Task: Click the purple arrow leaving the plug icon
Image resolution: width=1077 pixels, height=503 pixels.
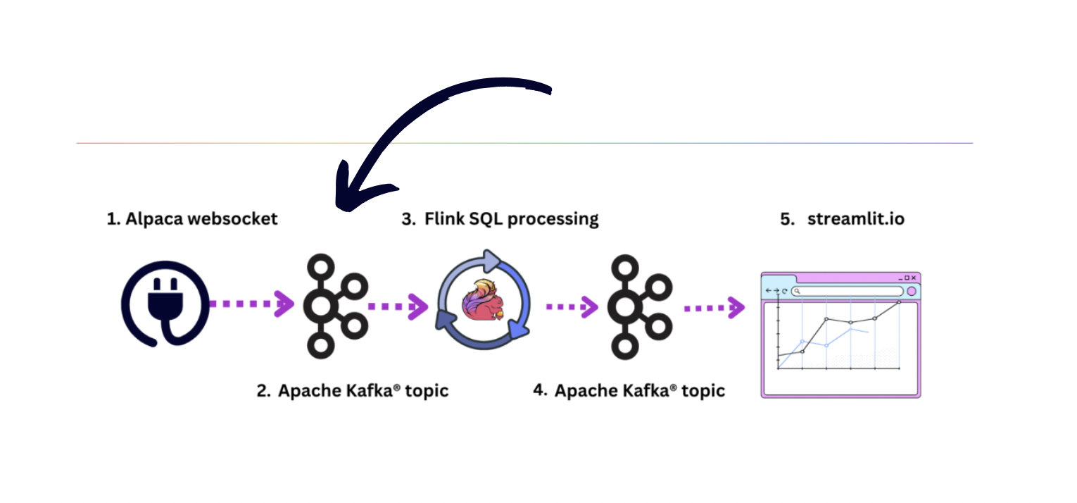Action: [251, 304]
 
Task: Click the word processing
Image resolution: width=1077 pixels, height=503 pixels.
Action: [553, 219]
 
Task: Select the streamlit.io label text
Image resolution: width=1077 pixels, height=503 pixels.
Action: [856, 219]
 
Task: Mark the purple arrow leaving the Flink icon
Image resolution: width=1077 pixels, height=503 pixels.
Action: [572, 306]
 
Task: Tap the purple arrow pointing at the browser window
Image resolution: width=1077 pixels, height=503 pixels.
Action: [714, 307]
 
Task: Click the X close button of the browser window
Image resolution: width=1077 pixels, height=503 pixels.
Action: [914, 278]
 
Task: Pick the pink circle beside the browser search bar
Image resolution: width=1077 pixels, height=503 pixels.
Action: [912, 291]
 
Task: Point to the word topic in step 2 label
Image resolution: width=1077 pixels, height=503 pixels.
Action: [424, 391]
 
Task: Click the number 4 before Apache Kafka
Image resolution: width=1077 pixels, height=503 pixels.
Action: [540, 390]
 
